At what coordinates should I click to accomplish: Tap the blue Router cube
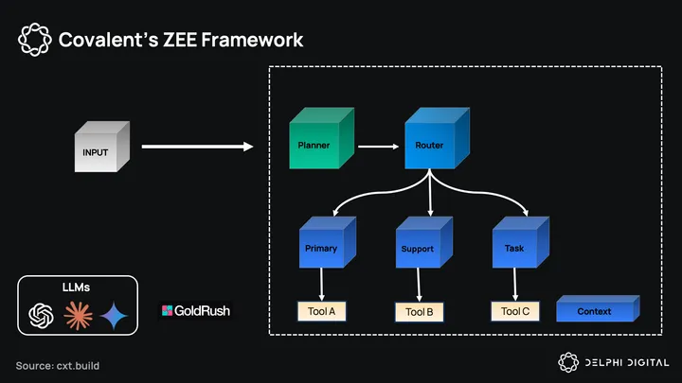coord(431,143)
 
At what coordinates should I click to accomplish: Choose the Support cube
coord(420,246)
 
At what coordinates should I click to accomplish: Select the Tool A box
coord(323,310)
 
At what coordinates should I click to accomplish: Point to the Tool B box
coord(419,311)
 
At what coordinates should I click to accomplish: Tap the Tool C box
coord(515,310)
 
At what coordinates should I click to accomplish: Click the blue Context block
coord(596,309)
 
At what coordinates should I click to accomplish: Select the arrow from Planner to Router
coord(377,147)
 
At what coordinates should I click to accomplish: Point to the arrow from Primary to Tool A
coord(323,283)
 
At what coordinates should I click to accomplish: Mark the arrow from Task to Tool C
coord(515,283)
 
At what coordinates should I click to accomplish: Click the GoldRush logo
coord(196,310)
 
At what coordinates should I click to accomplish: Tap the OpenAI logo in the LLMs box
coord(41,315)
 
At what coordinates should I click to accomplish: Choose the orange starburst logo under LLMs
coord(77,315)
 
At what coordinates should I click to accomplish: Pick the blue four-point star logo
coord(115,315)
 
